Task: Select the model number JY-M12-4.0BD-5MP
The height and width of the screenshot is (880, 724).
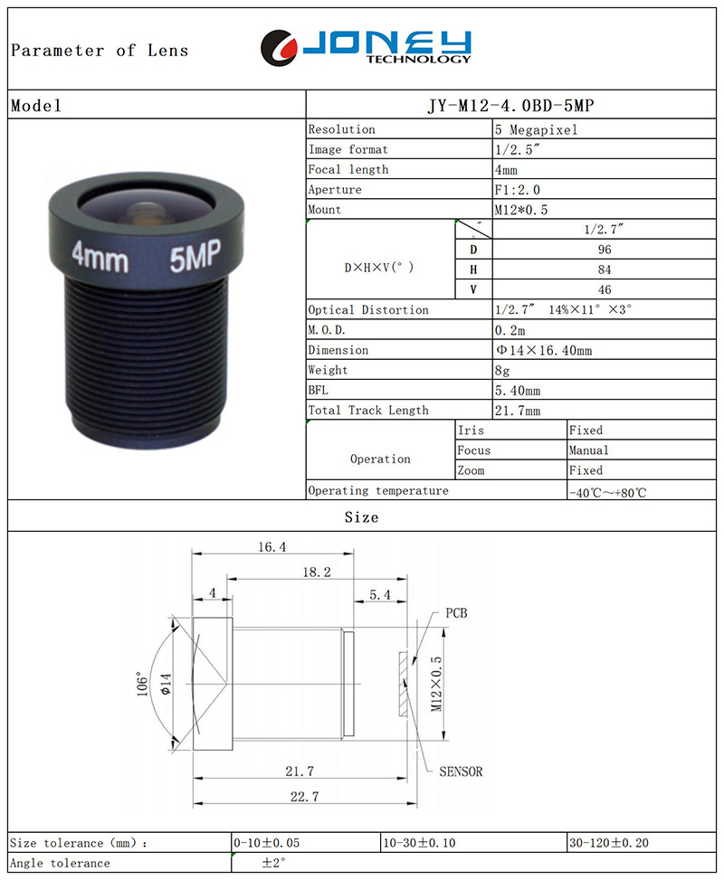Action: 510,106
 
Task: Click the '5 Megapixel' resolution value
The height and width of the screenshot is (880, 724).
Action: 536,129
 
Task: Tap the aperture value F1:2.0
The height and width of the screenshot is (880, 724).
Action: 518,190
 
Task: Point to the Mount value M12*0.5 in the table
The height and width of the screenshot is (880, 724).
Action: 521,210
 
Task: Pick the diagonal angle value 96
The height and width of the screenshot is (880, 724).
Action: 605,250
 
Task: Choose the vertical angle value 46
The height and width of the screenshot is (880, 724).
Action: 605,290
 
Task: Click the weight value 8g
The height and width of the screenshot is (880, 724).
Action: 502,371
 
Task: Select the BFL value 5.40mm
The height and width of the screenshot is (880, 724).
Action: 518,391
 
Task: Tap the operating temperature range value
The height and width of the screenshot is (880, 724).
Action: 608,493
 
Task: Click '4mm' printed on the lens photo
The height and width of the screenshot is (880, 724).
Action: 100,258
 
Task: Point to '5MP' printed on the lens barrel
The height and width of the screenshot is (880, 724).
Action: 195,255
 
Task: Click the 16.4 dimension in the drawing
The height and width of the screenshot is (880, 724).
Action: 271,546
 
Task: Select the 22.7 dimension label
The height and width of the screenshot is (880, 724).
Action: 304,797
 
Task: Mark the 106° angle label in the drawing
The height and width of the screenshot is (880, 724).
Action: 143,684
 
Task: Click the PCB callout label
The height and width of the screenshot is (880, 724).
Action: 457,613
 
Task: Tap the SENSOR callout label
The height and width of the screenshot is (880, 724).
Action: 461,771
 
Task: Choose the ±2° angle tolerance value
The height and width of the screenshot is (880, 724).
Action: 273,862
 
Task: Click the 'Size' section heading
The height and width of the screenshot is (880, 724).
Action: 362,517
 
